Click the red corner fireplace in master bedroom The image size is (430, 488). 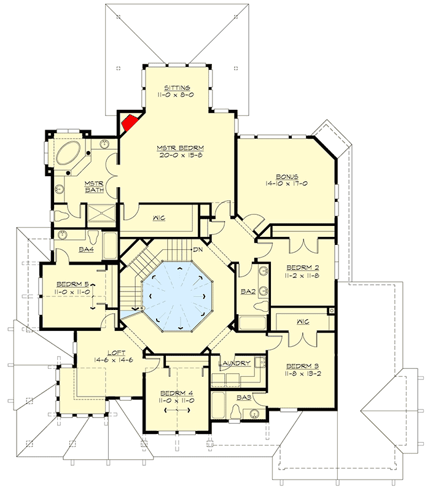(x=129, y=122)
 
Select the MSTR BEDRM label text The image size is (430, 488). (x=180, y=148)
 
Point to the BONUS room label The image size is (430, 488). (x=287, y=175)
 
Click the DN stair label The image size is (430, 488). (x=198, y=250)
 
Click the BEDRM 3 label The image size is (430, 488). (x=302, y=365)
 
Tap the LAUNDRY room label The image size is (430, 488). (x=235, y=363)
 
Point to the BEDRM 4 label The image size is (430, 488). (x=174, y=393)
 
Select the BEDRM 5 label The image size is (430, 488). (x=73, y=284)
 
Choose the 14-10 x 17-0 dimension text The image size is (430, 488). (x=287, y=183)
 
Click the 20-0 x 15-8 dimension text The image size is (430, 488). (x=180, y=155)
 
